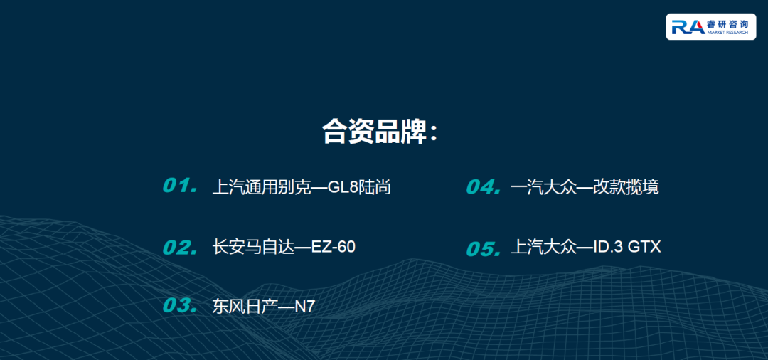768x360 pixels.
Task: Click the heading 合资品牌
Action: pos(374,132)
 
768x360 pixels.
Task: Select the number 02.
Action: pos(180,248)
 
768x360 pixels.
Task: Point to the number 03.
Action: pos(180,305)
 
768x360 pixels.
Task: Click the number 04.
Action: pos(484,186)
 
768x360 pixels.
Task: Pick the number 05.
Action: pos(484,249)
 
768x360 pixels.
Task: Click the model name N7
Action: pos(304,307)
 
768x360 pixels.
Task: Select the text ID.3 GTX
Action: pos(627,247)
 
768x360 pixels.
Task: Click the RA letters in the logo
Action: pos(688,27)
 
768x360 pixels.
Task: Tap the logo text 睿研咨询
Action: pos(728,24)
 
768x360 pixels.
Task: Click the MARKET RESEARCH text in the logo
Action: pos(728,32)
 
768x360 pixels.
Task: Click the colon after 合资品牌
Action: pos(432,133)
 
